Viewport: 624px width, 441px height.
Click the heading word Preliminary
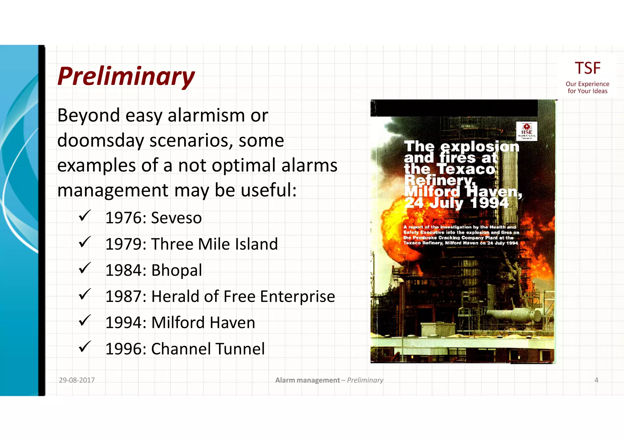pos(126,76)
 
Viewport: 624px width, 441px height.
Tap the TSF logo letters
pos(587,68)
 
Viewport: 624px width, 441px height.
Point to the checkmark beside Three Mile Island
pos(84,242)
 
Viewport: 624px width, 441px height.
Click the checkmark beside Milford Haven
pos(84,321)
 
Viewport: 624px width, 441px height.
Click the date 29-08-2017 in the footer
pos(77,380)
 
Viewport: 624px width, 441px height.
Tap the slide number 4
pos(596,380)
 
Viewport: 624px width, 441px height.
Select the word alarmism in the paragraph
pos(206,116)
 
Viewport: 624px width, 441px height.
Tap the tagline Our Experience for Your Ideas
pos(587,87)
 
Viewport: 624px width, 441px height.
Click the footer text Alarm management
pos(307,380)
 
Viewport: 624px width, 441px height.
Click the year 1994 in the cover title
pos(489,203)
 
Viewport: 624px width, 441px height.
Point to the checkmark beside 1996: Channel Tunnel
pos(84,347)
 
